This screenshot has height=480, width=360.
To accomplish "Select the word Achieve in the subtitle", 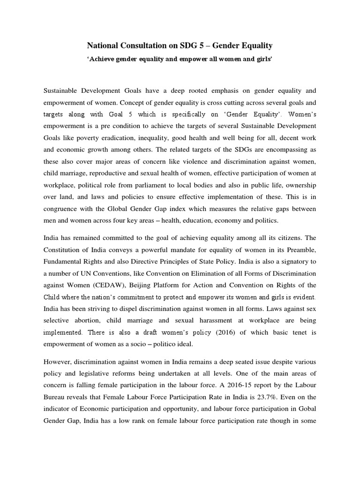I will click(103, 60).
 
